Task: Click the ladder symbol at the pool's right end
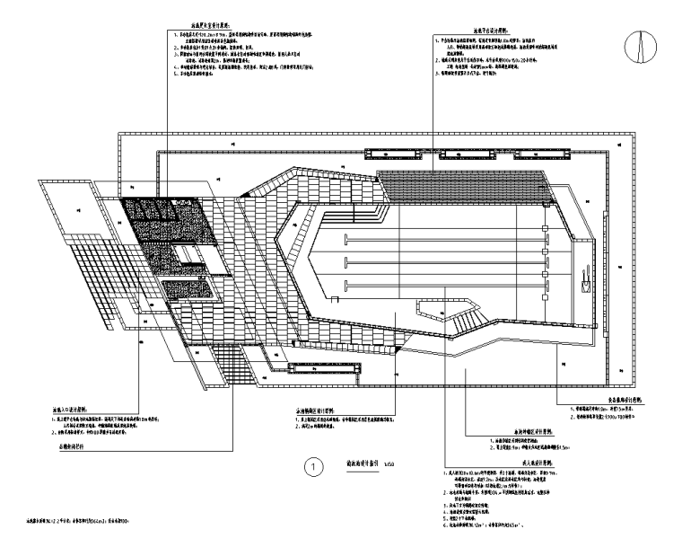(586, 272)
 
